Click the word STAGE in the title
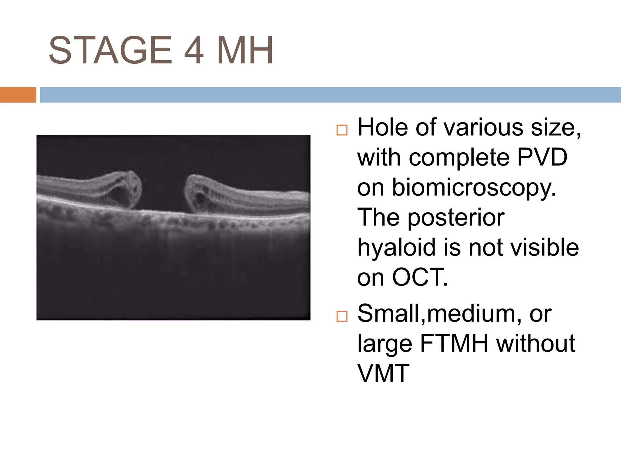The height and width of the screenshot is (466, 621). (x=110, y=50)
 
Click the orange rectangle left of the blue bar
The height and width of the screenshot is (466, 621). (x=18, y=95)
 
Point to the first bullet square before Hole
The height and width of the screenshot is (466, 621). (x=342, y=130)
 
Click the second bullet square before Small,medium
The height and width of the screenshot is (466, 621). (x=342, y=316)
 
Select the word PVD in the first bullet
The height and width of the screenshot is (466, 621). (x=542, y=157)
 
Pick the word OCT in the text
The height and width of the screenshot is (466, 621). (x=420, y=277)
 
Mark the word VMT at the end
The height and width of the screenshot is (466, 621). (x=383, y=373)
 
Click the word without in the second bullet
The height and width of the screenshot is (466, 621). (x=535, y=343)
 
